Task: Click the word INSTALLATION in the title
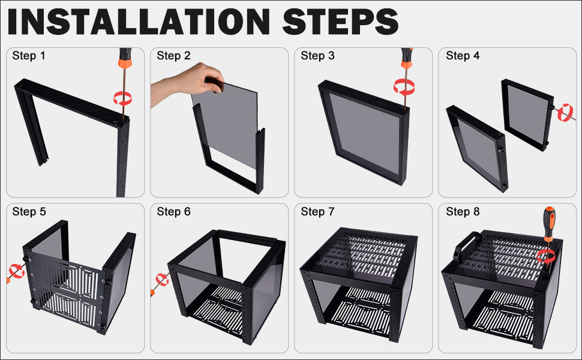pyautogui.click(x=139, y=22)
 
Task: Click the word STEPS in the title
pyautogui.click(x=340, y=22)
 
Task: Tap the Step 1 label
pyautogui.click(x=29, y=56)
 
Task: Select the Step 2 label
pyautogui.click(x=173, y=56)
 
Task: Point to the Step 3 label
pyautogui.click(x=317, y=56)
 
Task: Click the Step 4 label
pyautogui.click(x=463, y=56)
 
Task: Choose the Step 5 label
pyautogui.click(x=29, y=212)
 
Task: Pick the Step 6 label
pyautogui.click(x=173, y=212)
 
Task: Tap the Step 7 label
pyautogui.click(x=317, y=212)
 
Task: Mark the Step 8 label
pyautogui.click(x=463, y=212)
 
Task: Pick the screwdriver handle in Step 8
pyautogui.click(x=549, y=223)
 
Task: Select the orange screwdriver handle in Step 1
pyautogui.click(x=125, y=58)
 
